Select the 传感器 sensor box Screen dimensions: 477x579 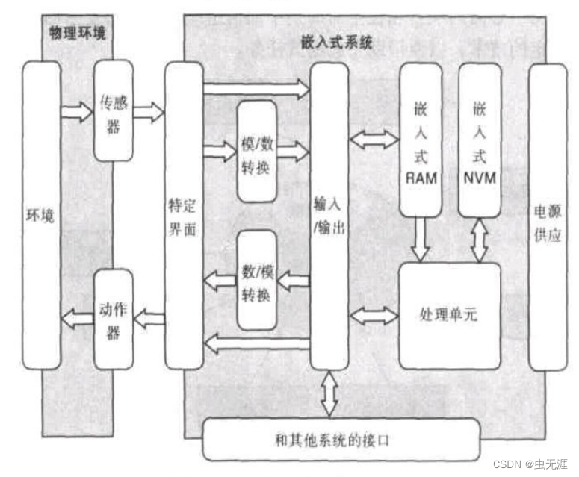point(113,110)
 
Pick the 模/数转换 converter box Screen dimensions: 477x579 point(257,152)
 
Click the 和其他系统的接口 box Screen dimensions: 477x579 point(341,440)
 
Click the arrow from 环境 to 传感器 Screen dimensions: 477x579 point(77,112)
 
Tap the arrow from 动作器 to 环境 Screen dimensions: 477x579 point(77,319)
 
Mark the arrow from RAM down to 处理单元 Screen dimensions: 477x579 point(420,239)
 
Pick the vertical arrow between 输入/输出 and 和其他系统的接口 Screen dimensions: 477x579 point(329,393)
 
